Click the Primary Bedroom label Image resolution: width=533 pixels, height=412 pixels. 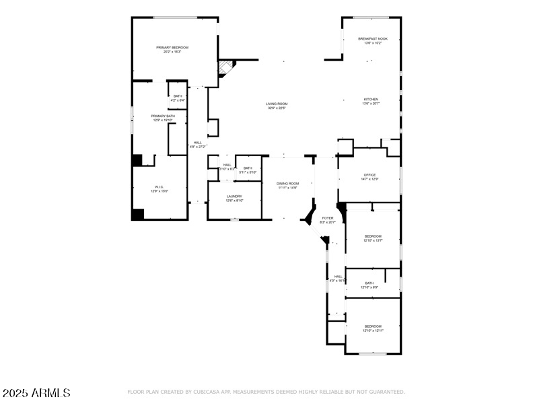pos(172,48)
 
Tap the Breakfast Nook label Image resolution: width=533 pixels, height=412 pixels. pos(372,39)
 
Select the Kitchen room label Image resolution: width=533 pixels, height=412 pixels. pos(371,100)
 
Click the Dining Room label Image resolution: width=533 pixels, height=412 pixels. pos(287,183)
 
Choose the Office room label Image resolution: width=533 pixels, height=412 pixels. pos(369,175)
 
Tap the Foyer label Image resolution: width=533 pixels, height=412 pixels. pos(328,218)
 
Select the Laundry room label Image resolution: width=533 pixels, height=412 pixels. pos(234,197)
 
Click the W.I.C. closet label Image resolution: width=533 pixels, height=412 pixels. pos(159,187)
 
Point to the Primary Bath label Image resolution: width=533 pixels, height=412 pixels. pos(163,116)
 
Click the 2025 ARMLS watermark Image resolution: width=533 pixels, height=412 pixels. pos(36,392)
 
